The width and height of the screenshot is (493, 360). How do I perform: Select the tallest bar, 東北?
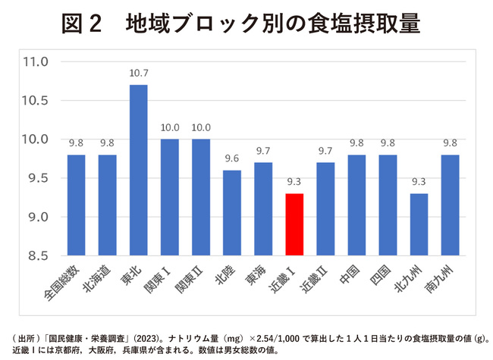[x=138, y=171]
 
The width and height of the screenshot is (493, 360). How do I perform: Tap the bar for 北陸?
[x=232, y=213]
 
